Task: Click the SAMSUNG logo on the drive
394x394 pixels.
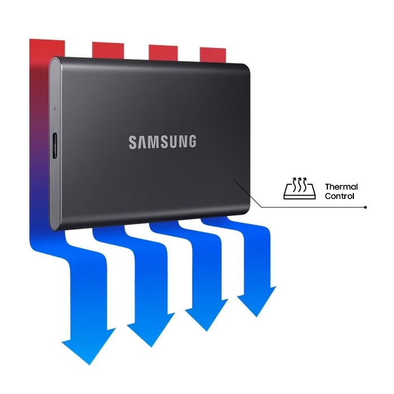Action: (162, 142)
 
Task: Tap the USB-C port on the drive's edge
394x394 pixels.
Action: (55, 146)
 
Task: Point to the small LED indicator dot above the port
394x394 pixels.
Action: (55, 109)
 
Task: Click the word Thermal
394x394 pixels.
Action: (341, 187)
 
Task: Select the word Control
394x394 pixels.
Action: (340, 196)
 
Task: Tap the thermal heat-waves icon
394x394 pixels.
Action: (300, 188)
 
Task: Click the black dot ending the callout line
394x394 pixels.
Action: (365, 207)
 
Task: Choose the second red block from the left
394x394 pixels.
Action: (108, 50)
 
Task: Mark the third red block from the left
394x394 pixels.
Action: (163, 53)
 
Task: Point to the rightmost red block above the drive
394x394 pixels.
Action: (213, 54)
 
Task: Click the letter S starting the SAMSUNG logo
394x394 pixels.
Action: (132, 142)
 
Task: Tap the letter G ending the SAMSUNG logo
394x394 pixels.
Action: (192, 141)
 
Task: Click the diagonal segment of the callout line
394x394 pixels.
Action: (248, 194)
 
